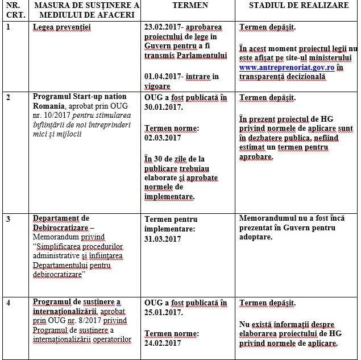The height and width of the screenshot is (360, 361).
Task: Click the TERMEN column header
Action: [x=190, y=6]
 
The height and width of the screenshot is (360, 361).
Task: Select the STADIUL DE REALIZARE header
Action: [x=298, y=6]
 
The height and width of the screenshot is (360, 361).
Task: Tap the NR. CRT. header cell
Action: [x=13, y=10]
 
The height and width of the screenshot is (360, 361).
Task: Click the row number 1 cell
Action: [x=8, y=27]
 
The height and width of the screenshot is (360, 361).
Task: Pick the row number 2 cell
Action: [x=8, y=97]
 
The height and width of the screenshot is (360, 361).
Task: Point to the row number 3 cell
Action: [x=8, y=218]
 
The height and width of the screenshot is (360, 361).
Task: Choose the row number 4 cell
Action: [x=8, y=302]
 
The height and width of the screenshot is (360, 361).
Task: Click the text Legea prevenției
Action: [x=62, y=27]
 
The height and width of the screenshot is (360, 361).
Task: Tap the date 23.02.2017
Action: [x=165, y=27]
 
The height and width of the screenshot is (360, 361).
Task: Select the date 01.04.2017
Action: [x=165, y=76]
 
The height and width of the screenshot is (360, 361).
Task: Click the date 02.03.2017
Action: [x=163, y=138]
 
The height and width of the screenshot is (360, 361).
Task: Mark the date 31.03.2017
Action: [x=163, y=239]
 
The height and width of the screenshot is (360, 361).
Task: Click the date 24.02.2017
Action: [x=163, y=342]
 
